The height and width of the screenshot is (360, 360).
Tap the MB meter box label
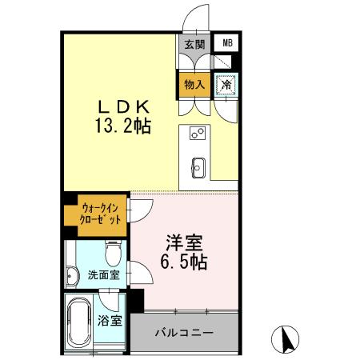coord(228,44)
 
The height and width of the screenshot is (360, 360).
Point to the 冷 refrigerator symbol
coord(227,83)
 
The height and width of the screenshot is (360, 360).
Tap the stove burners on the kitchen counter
coord(198,134)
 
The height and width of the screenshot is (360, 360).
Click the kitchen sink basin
coord(198,168)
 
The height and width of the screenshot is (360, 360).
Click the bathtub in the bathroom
coord(79,323)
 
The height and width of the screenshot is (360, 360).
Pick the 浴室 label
coord(110,322)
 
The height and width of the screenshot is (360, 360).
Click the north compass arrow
coord(285,341)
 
